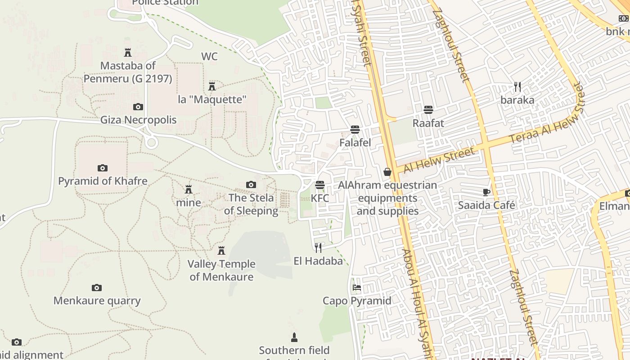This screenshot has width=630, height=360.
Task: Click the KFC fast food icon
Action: (x=320, y=185)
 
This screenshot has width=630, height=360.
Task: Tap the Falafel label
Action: (x=355, y=143)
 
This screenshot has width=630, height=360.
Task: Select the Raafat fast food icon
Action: (x=428, y=109)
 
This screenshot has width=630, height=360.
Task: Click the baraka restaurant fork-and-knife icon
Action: (x=517, y=86)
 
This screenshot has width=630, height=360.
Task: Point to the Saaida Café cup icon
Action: (x=486, y=192)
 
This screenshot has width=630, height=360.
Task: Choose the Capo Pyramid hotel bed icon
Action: (x=357, y=287)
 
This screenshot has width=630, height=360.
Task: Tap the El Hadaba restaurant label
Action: (x=318, y=261)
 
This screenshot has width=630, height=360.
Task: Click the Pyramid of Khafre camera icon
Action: (x=103, y=168)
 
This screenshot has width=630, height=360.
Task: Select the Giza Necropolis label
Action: (x=138, y=120)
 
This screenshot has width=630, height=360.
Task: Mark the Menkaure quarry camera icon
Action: (x=97, y=288)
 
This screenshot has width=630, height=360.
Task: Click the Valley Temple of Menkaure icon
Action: (x=221, y=251)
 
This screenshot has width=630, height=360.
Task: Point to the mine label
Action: (x=189, y=202)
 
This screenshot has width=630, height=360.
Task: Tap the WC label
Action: (x=209, y=56)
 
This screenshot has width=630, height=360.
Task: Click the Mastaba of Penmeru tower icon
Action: (x=128, y=53)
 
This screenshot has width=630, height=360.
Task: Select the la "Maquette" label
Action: (x=212, y=99)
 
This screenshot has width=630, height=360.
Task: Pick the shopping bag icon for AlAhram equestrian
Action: (x=387, y=171)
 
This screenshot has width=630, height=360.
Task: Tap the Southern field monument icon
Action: (x=294, y=337)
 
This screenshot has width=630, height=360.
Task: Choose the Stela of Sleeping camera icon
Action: (x=251, y=184)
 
